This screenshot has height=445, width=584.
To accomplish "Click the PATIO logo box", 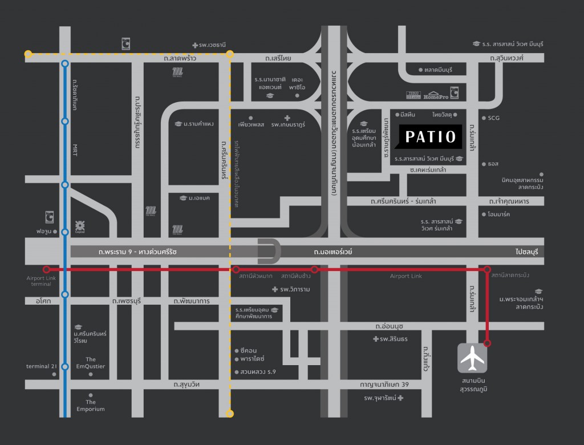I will tap(431, 137).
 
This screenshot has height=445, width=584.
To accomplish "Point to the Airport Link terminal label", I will tap(39, 281).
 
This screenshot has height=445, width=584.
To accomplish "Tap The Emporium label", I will tap(91, 405).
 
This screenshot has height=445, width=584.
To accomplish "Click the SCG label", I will tap(493, 118).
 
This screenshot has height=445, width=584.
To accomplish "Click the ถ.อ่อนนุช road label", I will tap(390, 326).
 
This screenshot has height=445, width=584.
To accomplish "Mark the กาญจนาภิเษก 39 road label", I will tap(385, 385).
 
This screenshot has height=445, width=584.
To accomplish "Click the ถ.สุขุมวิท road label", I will tap(189, 385).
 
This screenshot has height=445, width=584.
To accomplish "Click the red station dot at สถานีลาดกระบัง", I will tap(487, 269).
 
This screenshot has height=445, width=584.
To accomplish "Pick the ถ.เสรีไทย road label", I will tap(278, 58).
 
